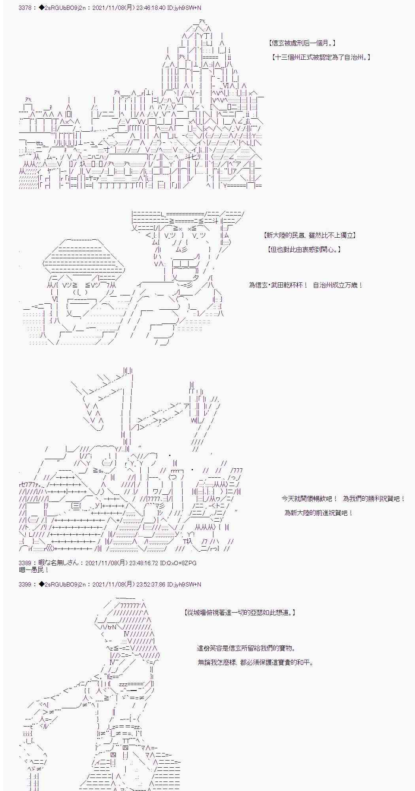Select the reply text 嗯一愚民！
click(34, 570)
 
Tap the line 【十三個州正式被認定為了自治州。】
click(321, 57)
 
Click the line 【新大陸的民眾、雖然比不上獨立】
click(310, 235)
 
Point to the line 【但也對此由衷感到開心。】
click(304, 249)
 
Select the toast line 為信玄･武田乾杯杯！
click(278, 285)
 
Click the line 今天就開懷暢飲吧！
click(310, 499)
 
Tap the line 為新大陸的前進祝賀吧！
click(319, 513)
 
